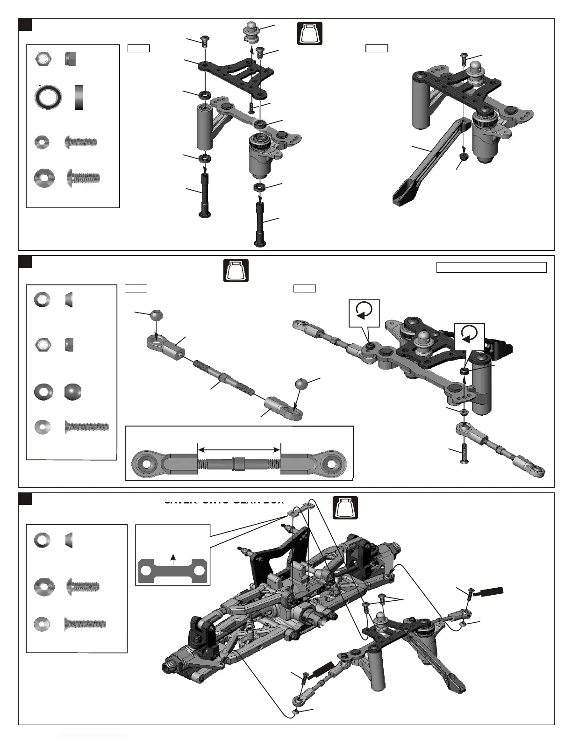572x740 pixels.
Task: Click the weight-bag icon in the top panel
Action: [x=310, y=34]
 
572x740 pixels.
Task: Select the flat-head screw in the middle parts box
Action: [x=86, y=427]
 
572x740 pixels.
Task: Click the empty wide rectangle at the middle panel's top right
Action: [x=491, y=267]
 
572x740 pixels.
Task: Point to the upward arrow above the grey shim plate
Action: [x=173, y=559]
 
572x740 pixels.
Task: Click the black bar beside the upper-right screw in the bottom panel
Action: [x=488, y=591]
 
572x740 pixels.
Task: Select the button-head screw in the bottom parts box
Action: [x=83, y=586]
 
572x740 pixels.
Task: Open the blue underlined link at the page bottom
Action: [x=93, y=736]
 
